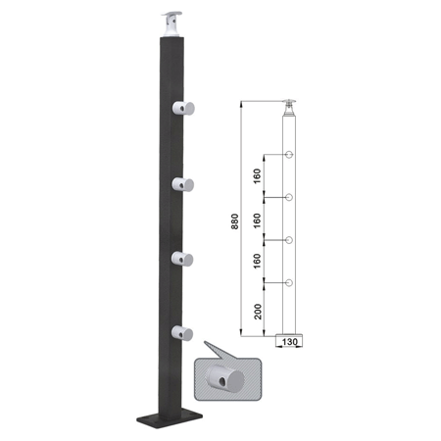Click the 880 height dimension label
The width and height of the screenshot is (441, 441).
pyautogui.click(x=235, y=221)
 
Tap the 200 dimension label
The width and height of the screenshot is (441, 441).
pyautogui.click(x=258, y=312)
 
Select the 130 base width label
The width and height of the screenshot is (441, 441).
pyautogui.click(x=289, y=342)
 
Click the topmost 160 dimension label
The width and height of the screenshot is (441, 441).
pyautogui.click(x=258, y=175)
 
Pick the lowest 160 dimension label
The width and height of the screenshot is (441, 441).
pyautogui.click(x=258, y=261)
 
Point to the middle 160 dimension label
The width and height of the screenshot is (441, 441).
pyautogui.click(x=258, y=220)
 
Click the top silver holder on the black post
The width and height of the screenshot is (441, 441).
pyautogui.click(x=183, y=108)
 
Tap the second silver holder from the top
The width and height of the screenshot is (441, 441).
pyautogui.click(x=183, y=184)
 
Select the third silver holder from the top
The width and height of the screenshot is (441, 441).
pyautogui.click(x=182, y=259)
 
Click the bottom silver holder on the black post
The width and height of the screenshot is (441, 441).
pyautogui.click(x=182, y=333)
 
